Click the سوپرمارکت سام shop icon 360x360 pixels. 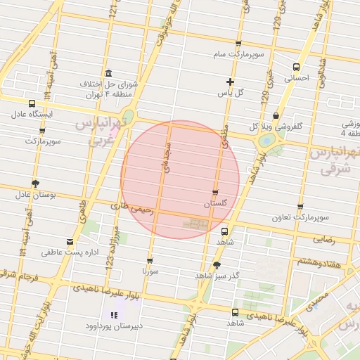click(x=238, y=44)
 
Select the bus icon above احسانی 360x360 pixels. click(x=295, y=67)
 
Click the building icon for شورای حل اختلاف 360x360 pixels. click(x=108, y=74)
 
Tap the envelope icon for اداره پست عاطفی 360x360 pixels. click(x=69, y=242)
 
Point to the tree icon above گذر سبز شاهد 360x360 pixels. click(x=216, y=265)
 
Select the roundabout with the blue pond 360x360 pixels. click(x=267, y=140)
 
